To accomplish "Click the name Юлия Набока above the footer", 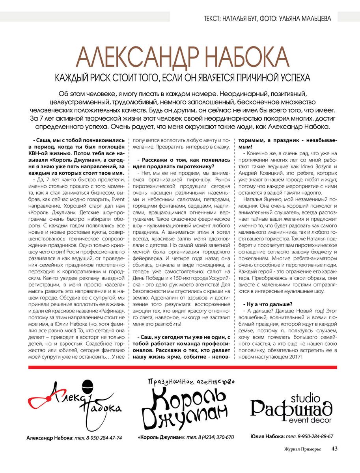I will pos(267,436).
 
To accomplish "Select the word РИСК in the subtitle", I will pos(112,77).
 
